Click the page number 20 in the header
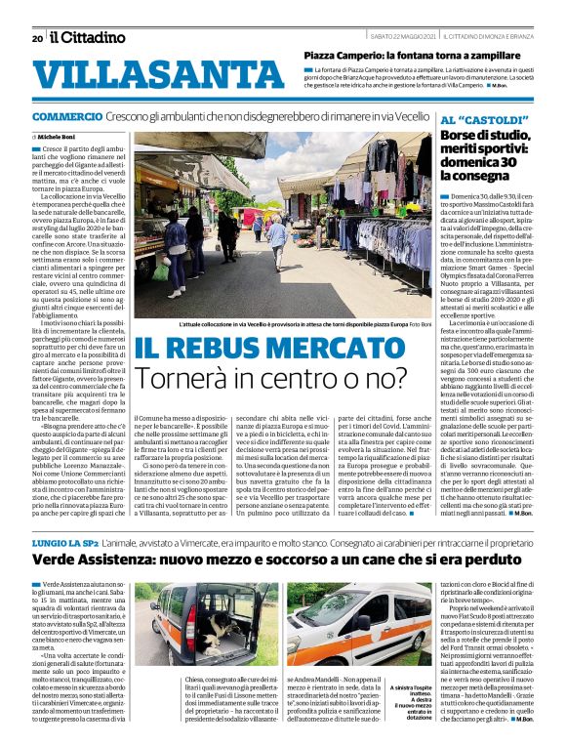(37, 38)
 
